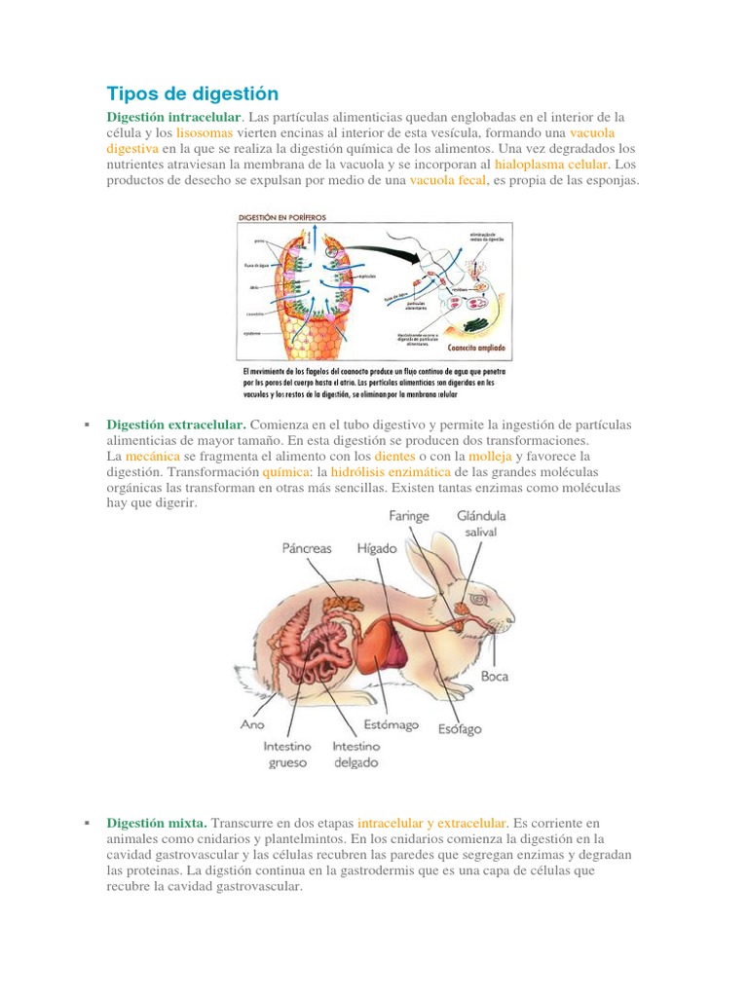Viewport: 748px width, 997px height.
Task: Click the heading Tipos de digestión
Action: [x=192, y=93]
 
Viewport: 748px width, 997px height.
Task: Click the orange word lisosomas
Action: [x=205, y=132]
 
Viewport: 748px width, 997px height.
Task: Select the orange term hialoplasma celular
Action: [x=551, y=165]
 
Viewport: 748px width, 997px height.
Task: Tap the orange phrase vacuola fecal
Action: [x=447, y=180]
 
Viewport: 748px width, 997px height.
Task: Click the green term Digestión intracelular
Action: [x=172, y=117]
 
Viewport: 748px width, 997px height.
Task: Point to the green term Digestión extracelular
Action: [x=176, y=425]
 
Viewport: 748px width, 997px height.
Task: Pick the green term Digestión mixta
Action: [x=157, y=823]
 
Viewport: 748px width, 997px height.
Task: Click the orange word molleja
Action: [x=490, y=456]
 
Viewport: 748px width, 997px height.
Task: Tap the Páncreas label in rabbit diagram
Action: [x=307, y=548]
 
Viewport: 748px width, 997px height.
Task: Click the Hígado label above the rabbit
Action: [x=377, y=548]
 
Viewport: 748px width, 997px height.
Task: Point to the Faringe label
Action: [x=409, y=516]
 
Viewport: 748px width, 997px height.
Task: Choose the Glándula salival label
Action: [x=481, y=524]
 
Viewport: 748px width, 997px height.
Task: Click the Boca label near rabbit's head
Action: [x=494, y=676]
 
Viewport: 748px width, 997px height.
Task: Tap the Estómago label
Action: [x=391, y=724]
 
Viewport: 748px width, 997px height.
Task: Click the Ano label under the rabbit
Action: [x=252, y=724]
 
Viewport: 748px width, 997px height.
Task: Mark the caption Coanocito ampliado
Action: [x=477, y=348]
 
